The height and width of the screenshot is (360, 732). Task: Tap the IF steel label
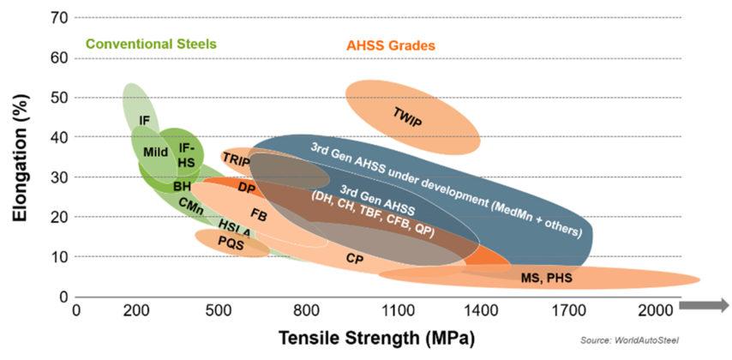pos(144,121)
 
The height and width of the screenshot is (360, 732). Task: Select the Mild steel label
pos(155,153)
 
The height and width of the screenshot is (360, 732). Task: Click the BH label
pos(183,186)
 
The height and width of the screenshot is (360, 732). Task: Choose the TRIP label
pos(236,159)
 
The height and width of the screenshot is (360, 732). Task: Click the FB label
pos(258,213)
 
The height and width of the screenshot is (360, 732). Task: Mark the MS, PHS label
pos(546,279)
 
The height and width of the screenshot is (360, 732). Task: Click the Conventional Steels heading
pos(150,43)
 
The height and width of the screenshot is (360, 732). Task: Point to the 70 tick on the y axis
pos(58,18)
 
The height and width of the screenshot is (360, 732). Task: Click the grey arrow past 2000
pos(704,304)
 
